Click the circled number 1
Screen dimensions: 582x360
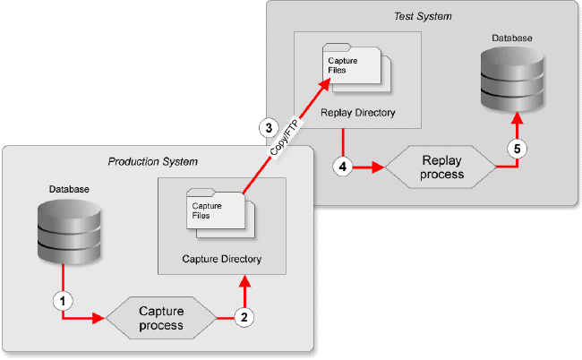[63, 301]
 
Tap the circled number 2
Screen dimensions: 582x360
[244, 318]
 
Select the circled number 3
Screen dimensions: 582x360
[269, 128]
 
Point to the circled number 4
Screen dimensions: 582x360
[343, 167]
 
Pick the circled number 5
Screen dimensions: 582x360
[517, 149]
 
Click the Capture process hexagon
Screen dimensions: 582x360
[161, 318]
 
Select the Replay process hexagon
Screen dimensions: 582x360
[441, 167]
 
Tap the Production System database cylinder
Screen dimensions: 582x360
[70, 232]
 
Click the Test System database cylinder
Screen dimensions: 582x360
[512, 80]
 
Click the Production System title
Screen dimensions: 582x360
[152, 162]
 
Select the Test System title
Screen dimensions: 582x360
[423, 16]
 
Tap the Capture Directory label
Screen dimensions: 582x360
[221, 259]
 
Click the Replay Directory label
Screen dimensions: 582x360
[358, 113]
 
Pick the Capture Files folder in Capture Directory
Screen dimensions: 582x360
[220, 213]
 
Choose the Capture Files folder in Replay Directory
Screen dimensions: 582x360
[356, 68]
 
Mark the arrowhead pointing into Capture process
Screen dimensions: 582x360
[98, 318]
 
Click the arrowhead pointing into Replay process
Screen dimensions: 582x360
[379, 167]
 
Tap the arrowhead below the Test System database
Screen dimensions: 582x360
[517, 118]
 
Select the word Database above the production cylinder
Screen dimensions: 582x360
[69, 189]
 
